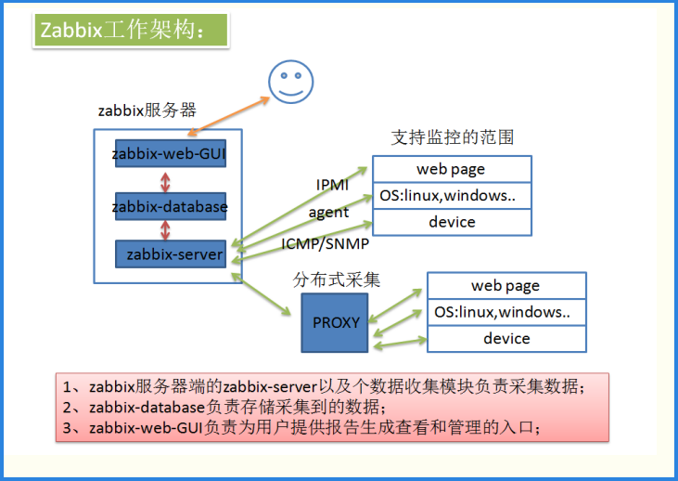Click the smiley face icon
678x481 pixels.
(289, 82)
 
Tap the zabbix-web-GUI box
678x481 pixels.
(170, 152)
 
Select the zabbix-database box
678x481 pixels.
(170, 206)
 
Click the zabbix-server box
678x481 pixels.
(170, 253)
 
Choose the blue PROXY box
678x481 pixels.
(335, 322)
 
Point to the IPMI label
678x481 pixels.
(332, 185)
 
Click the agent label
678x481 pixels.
(328, 213)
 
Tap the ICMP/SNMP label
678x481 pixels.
(325, 244)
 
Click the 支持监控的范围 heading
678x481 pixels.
(452, 137)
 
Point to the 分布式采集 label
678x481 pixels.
(337, 279)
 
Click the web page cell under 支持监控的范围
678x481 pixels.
(451, 169)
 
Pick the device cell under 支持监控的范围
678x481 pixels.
(451, 222)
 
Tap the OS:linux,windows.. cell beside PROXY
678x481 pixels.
(505, 312)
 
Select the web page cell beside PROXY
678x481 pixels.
(505, 286)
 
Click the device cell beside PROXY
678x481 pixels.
(505, 338)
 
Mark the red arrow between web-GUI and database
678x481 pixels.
(166, 179)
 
